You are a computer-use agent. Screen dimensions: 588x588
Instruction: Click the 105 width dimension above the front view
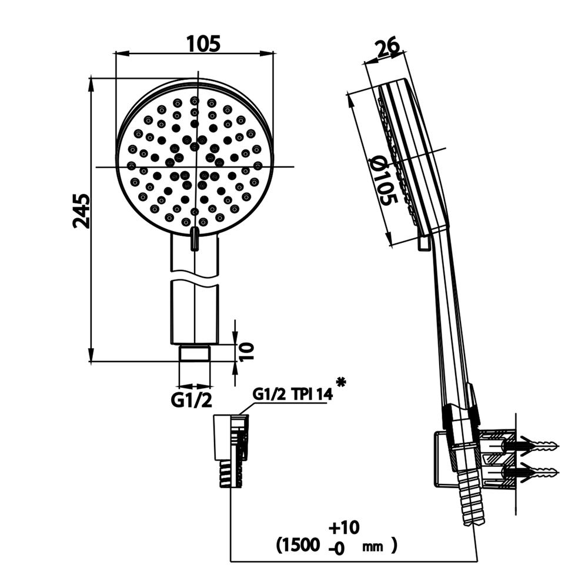tap(203, 44)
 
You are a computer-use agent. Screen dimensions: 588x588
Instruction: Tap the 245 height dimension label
tap(81, 211)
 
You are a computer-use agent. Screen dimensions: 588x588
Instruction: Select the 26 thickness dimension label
tap(389, 48)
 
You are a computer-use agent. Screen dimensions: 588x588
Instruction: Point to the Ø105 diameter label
tap(383, 181)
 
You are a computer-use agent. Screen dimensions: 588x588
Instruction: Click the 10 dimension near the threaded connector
tap(246, 352)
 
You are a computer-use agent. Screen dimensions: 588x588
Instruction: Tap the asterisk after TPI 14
tap(341, 383)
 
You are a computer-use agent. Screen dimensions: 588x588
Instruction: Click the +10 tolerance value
tap(344, 527)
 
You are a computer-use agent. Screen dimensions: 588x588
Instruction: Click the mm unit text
tap(373, 547)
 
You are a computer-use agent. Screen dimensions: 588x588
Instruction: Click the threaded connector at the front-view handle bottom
tap(194, 353)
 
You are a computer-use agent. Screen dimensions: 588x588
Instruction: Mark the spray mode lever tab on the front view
tap(195, 239)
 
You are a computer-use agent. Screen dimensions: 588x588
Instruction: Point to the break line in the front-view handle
tap(194, 278)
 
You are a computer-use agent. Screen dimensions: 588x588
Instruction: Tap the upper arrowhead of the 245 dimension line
tap(91, 84)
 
